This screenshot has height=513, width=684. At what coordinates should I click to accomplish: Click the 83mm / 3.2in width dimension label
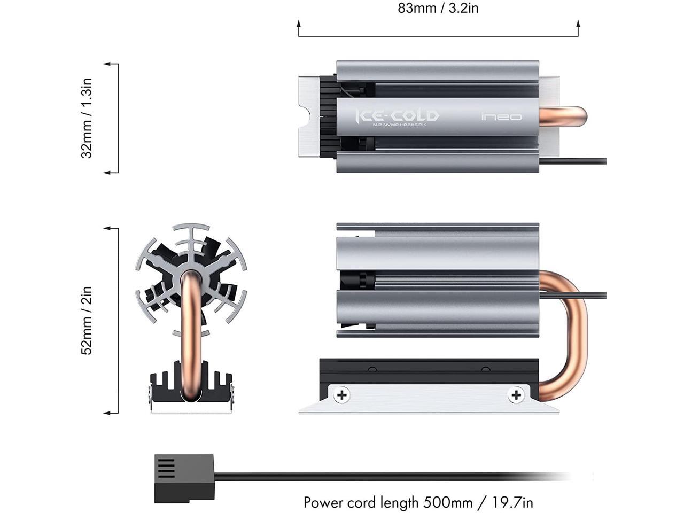point(438,9)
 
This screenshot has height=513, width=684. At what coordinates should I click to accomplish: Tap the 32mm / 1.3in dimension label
point(87,118)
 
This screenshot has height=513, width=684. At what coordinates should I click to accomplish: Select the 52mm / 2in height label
point(87,320)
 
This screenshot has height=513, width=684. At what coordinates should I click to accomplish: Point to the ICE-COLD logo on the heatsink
point(398,115)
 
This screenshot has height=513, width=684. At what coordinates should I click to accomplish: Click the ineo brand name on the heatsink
point(501,117)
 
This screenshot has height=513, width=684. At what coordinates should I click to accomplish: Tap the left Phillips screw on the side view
point(342,395)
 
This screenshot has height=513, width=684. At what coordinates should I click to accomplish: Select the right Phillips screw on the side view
point(516,395)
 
